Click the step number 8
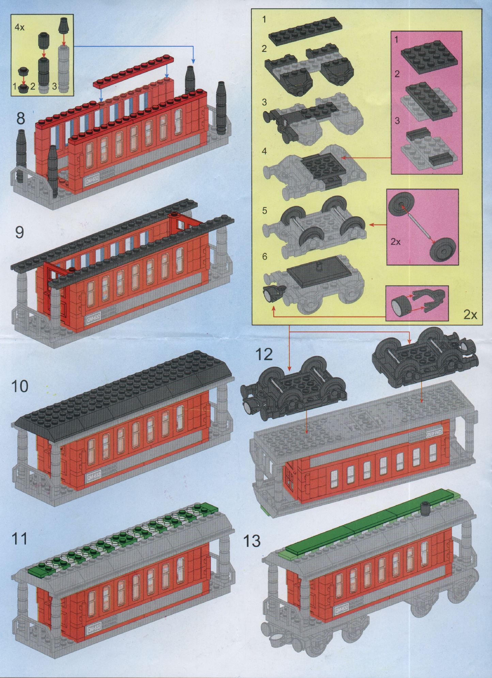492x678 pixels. [x=21, y=118]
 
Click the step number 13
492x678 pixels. [x=252, y=541]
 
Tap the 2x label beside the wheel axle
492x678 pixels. [x=396, y=242]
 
